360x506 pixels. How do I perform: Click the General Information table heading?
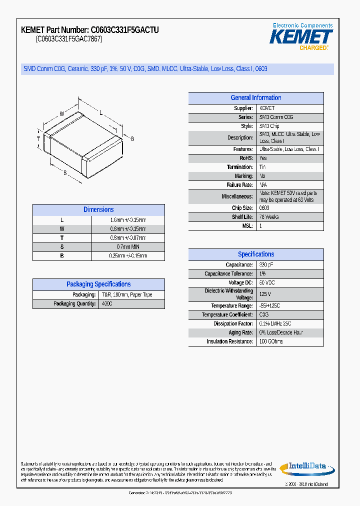[255, 98]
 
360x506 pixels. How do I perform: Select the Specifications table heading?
[255, 254]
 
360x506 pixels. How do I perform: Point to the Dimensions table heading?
[98, 210]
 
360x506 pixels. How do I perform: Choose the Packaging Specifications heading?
[98, 284]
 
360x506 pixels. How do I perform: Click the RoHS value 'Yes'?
[263, 158]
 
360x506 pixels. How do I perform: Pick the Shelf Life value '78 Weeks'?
[269, 217]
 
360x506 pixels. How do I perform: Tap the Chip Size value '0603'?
[264, 208]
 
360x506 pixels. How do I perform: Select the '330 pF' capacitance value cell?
[266, 265]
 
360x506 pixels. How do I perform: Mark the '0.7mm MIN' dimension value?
[128, 247]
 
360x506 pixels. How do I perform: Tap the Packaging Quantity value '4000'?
[107, 304]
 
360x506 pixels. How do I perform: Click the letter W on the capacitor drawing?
[61, 114]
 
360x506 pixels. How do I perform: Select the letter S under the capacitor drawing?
[65, 172]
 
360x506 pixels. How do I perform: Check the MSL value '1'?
[260, 226]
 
